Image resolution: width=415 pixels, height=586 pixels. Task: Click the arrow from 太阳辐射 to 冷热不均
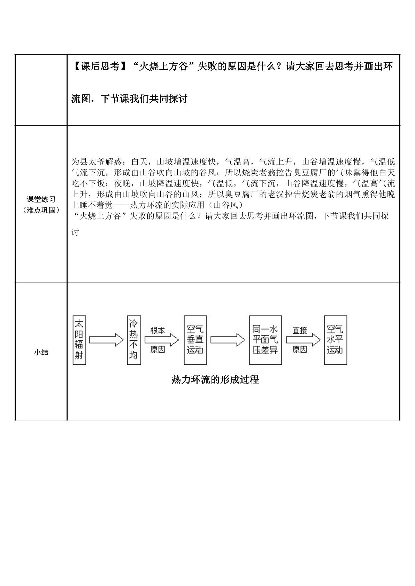tap(106, 340)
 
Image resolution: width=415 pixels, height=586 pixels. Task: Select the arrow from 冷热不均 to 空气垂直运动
tap(162, 340)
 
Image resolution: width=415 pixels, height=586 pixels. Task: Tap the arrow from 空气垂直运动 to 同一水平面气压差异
tap(228, 340)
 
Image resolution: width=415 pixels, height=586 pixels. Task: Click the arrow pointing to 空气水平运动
tap(303, 340)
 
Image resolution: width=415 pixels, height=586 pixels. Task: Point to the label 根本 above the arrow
tap(158, 331)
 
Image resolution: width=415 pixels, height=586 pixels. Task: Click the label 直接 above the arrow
tap(300, 331)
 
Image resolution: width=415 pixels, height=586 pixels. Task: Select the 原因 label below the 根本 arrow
tap(158, 349)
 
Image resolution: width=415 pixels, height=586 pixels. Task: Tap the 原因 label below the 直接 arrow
tap(300, 349)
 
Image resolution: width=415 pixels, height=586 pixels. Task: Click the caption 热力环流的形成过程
tap(215, 380)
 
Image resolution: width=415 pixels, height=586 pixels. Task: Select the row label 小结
tap(41, 352)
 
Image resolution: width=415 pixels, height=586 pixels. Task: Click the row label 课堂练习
tap(41, 199)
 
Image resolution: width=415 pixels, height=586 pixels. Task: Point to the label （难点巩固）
tap(41, 210)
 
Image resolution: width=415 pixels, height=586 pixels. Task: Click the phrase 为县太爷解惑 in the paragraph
tap(97, 162)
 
